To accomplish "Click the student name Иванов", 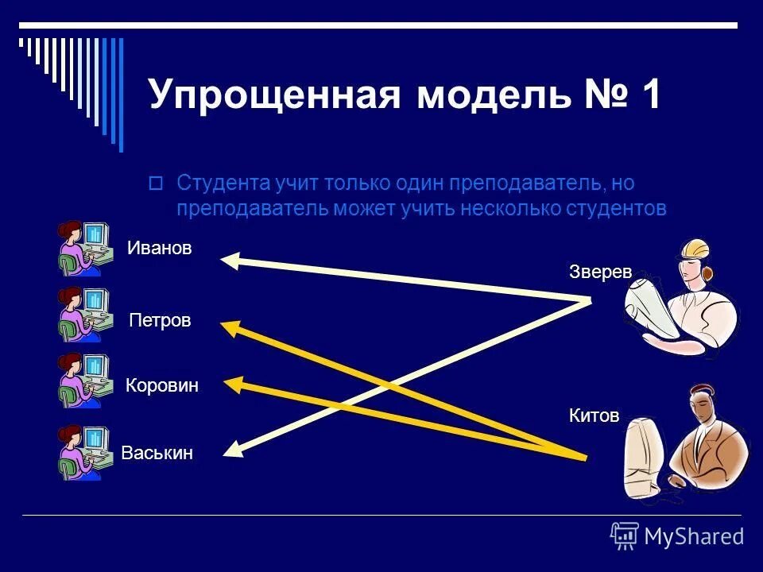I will (159, 249).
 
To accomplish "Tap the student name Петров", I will (160, 321).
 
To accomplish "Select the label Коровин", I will (161, 386).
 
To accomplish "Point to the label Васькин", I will (157, 454).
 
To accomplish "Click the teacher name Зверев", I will (600, 272).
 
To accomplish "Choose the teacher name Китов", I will (594, 415).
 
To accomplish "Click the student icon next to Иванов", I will (83, 247).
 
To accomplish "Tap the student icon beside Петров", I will (83, 315).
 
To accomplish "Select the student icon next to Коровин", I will (83, 381).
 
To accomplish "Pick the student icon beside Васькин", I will (83, 453).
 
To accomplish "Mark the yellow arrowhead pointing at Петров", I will (230, 327).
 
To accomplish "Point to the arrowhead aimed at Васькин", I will (233, 450).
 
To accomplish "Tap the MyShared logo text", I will (693, 537).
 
